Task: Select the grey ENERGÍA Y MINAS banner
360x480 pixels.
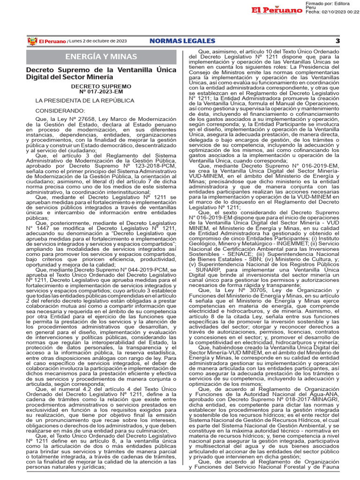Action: tap(101, 57)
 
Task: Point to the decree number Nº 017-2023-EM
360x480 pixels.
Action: tap(101, 92)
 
